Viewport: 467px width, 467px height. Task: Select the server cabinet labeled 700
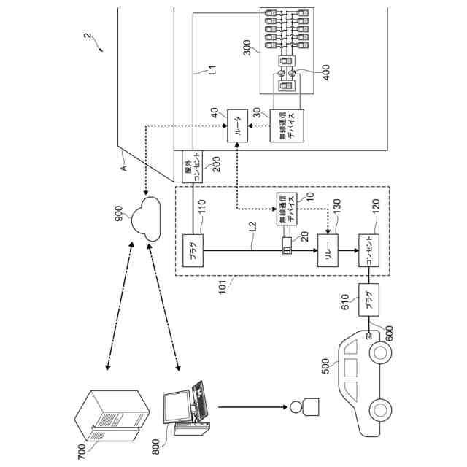[114, 414]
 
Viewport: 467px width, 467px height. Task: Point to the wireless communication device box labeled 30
[285, 127]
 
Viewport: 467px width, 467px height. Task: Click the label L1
[213, 71]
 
